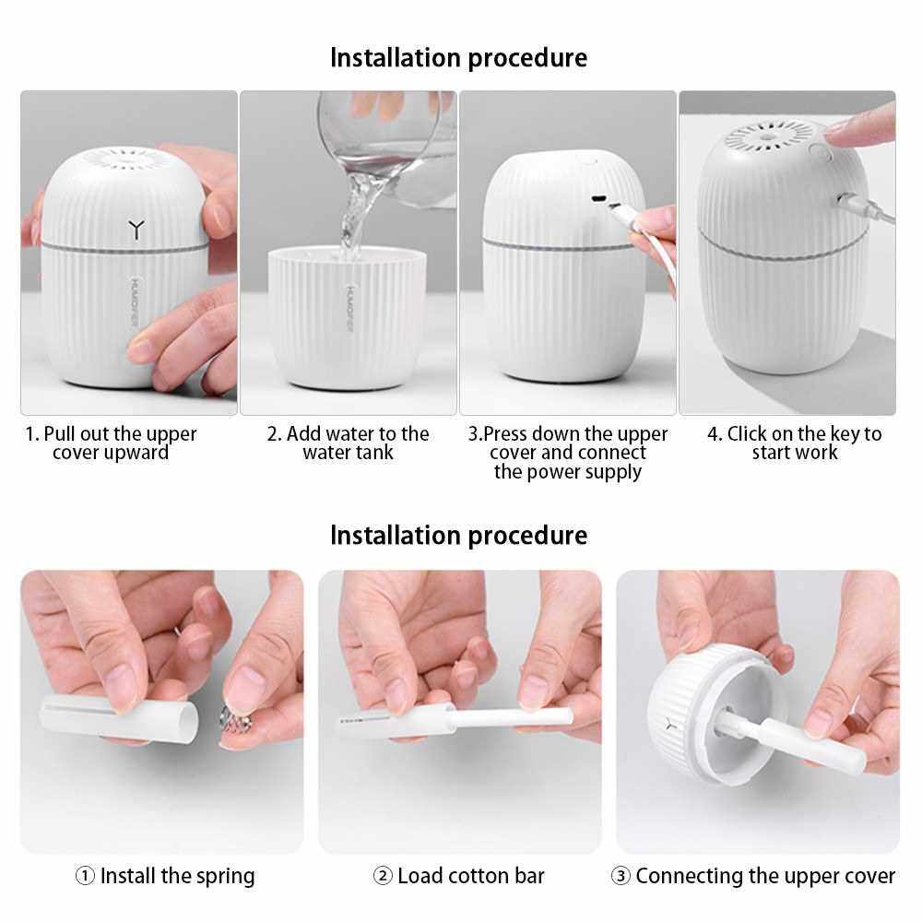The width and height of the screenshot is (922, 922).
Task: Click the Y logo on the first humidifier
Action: tap(136, 230)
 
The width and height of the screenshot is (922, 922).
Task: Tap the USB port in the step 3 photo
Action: tap(598, 199)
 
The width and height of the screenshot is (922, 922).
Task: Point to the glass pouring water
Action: tap(385, 147)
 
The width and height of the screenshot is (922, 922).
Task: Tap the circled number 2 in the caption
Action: tap(383, 876)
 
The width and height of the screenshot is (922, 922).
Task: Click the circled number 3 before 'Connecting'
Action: tap(621, 876)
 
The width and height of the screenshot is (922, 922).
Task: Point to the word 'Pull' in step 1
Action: tap(59, 434)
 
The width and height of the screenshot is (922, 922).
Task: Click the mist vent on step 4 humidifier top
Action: tap(764, 137)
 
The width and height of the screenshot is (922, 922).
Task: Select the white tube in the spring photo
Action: tap(119, 716)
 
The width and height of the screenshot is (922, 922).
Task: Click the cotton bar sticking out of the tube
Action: tap(514, 716)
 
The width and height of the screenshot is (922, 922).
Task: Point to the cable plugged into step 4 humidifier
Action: tap(866, 207)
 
